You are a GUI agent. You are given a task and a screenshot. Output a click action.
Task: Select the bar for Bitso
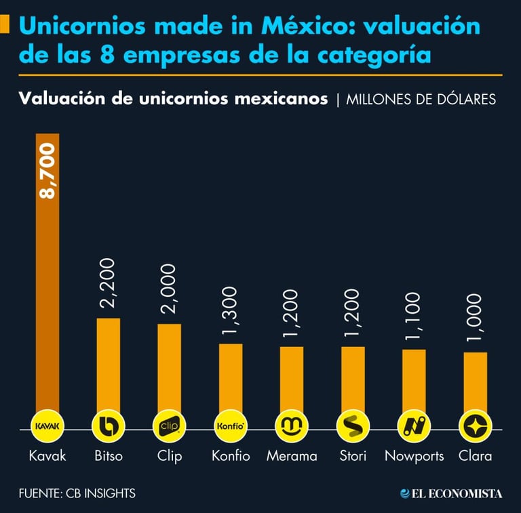[109, 366]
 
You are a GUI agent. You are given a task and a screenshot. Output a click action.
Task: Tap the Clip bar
[169, 369]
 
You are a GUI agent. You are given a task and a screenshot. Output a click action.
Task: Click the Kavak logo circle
[47, 426]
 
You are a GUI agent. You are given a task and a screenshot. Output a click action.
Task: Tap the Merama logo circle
[292, 426]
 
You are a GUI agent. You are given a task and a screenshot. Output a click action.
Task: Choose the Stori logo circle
[353, 426]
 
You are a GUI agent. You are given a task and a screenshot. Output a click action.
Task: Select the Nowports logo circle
[414, 426]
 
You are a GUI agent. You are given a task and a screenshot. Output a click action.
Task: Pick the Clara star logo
[475, 426]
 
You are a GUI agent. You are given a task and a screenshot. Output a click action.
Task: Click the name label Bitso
[109, 456]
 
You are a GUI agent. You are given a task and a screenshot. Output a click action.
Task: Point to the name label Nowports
[414, 456]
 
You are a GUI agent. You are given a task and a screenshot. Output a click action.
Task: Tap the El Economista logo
[451, 493]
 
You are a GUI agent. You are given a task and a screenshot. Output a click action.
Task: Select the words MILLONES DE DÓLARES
[421, 100]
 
